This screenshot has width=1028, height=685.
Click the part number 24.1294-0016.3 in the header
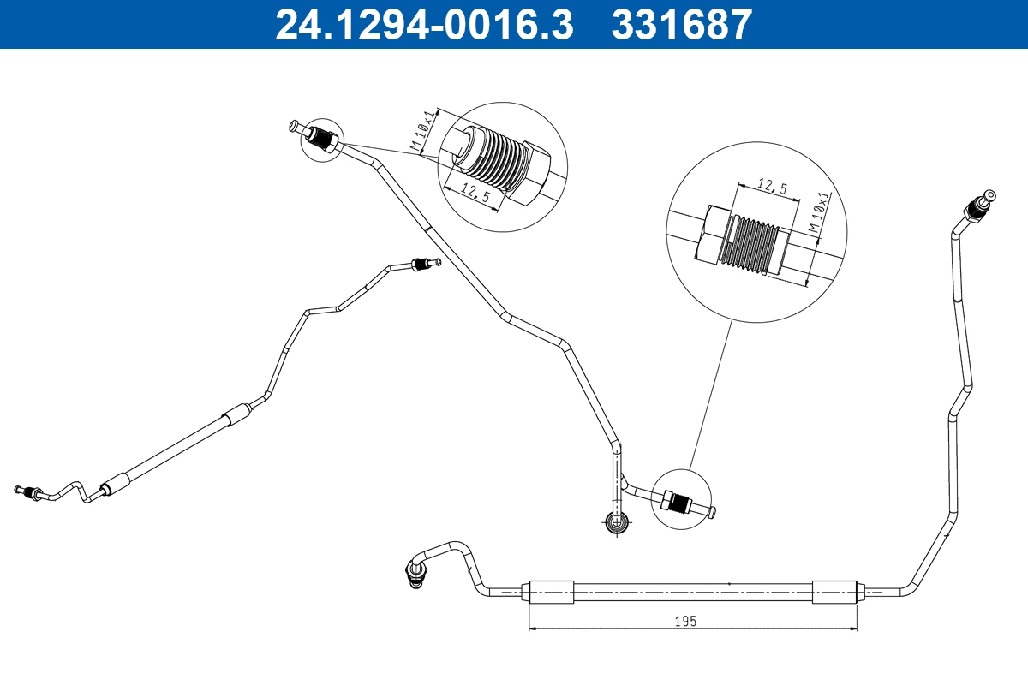[423, 25]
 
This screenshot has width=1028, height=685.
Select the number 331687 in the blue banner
[681, 25]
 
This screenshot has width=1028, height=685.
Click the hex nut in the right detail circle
[714, 233]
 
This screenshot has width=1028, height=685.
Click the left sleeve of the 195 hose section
[550, 591]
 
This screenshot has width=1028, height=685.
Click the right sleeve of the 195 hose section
[834, 591]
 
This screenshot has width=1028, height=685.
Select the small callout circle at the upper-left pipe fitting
[322, 139]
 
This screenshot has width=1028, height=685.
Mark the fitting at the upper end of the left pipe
[423, 264]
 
